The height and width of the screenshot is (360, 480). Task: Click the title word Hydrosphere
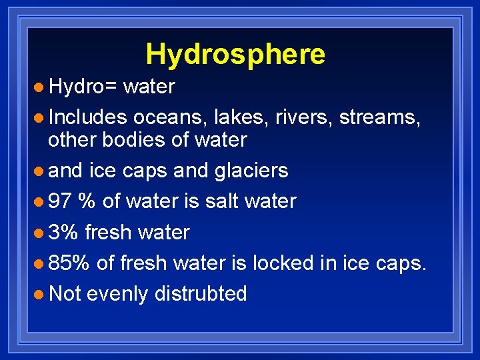coord(235,54)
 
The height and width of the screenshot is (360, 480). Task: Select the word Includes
coord(87,117)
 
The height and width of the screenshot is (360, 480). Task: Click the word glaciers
coord(251,171)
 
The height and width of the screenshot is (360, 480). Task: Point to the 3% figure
coord(63,232)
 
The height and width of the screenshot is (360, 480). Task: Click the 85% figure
coord(69,263)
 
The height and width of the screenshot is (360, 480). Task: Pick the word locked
coord(282,263)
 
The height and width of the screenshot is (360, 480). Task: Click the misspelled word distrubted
coord(201,293)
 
